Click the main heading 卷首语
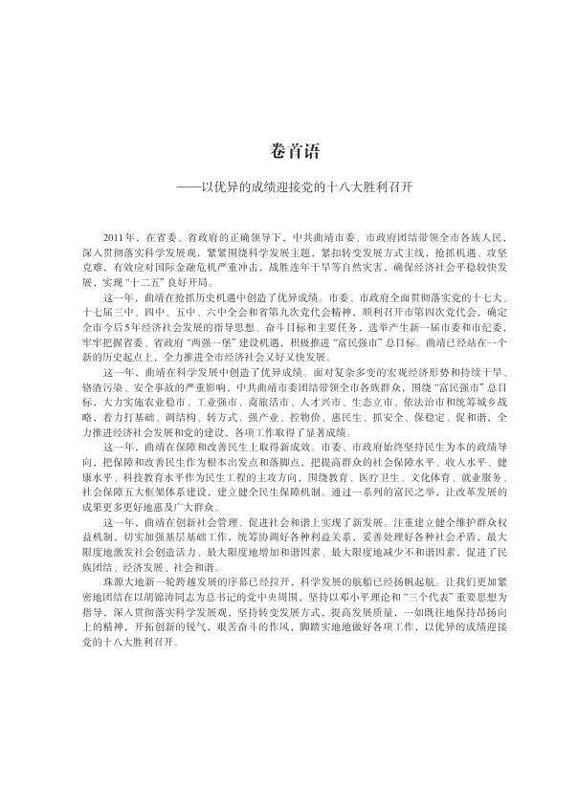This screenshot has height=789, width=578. pos(289,152)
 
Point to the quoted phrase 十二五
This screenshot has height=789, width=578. pos(166,285)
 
